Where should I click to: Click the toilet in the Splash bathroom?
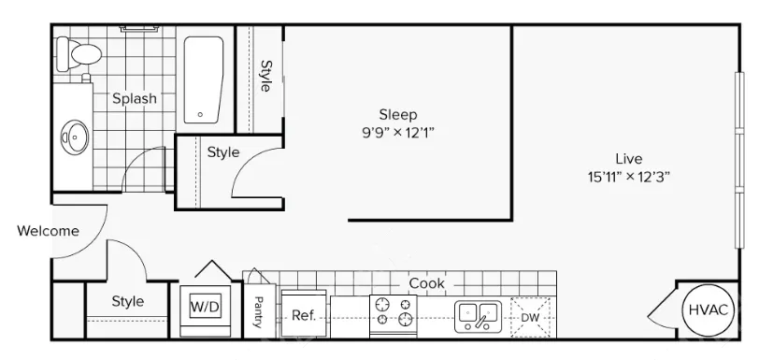click(78, 54)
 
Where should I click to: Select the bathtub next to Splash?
click(204, 79)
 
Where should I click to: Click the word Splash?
click(135, 98)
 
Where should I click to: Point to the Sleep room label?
click(398, 115)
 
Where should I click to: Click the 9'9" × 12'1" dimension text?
click(398, 133)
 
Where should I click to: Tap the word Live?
click(629, 159)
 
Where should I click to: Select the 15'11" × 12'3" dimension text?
click(629, 177)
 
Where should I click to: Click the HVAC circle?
click(708, 310)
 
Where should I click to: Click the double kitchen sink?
click(478, 316)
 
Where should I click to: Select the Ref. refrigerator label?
click(303, 315)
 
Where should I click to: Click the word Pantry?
click(258, 312)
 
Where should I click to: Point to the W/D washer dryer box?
click(205, 308)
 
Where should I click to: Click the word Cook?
click(427, 283)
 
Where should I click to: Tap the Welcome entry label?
click(48, 231)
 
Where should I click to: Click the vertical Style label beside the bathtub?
click(265, 77)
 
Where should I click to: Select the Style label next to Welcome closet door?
click(128, 301)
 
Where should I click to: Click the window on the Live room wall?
click(739, 160)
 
